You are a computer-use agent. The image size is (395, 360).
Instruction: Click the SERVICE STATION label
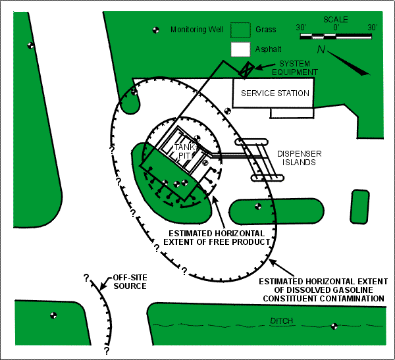point(275,93)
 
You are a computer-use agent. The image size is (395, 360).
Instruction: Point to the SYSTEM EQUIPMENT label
point(292,68)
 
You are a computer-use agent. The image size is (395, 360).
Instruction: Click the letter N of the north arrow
point(321,50)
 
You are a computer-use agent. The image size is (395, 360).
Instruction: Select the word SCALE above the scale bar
point(336,20)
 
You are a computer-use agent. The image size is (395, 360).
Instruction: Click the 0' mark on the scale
point(336,28)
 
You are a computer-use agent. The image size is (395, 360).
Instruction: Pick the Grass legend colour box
point(241,30)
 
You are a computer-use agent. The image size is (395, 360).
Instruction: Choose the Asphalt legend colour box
point(241,49)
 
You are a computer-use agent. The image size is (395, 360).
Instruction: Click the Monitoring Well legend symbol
point(157,30)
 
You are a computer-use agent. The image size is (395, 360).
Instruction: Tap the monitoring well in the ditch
point(334,324)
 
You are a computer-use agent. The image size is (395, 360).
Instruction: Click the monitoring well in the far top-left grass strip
point(30,45)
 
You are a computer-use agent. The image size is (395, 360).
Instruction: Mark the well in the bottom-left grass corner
point(53,314)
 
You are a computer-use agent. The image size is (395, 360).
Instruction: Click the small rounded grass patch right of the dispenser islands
point(359,206)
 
